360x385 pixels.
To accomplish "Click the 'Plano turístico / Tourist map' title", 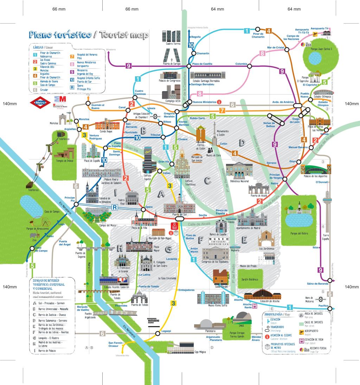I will click(x=89, y=34).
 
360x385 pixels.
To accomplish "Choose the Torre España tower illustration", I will click(x=327, y=211).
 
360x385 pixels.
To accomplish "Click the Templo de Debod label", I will click(x=65, y=161).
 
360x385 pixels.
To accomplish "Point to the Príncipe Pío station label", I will click(x=70, y=199).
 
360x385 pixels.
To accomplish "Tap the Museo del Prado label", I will click(x=248, y=266).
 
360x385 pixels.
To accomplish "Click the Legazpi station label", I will click(x=167, y=331).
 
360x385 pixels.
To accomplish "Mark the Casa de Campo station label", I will click(x=41, y=249).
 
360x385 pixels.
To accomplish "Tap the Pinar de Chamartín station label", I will click(x=258, y=35).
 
